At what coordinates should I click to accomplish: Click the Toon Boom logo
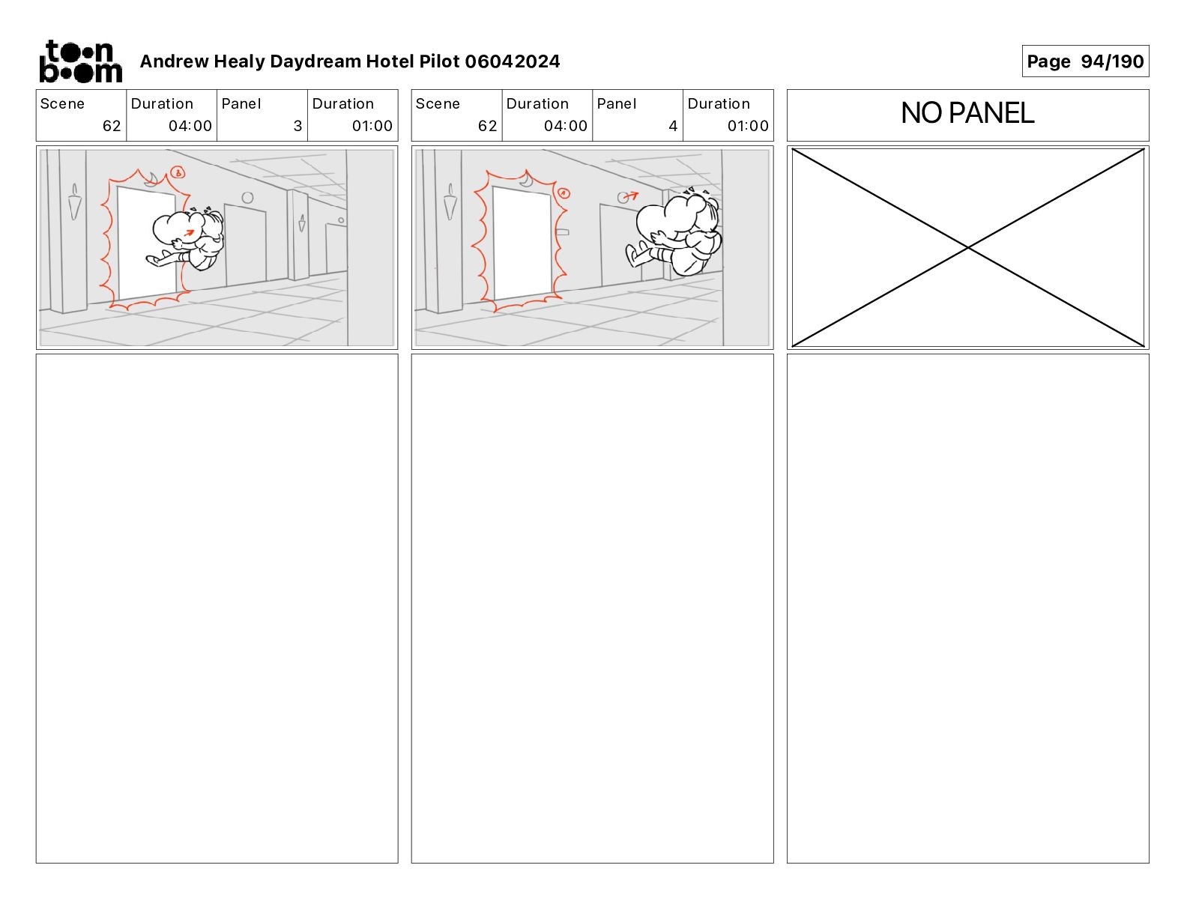coord(81,61)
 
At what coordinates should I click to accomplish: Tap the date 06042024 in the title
coord(512,61)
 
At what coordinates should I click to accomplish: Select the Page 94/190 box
coord(1085,61)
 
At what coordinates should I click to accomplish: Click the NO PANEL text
coord(967,113)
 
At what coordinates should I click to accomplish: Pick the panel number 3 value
coord(297,126)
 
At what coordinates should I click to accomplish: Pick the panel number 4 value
coord(673,126)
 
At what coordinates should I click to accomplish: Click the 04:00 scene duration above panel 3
coord(190,126)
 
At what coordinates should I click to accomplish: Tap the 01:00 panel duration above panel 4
coord(748,126)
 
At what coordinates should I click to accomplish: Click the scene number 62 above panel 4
coord(487,126)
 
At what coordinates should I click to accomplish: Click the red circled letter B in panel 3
coord(178,173)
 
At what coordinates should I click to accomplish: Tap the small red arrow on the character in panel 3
coord(188,233)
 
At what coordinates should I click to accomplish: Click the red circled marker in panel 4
coord(564,193)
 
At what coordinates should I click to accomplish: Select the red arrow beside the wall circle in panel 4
coord(632,196)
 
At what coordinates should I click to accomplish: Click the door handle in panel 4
coord(563,233)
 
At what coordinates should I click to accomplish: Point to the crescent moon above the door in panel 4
coord(527,179)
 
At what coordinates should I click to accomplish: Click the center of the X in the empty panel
coord(967,248)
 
